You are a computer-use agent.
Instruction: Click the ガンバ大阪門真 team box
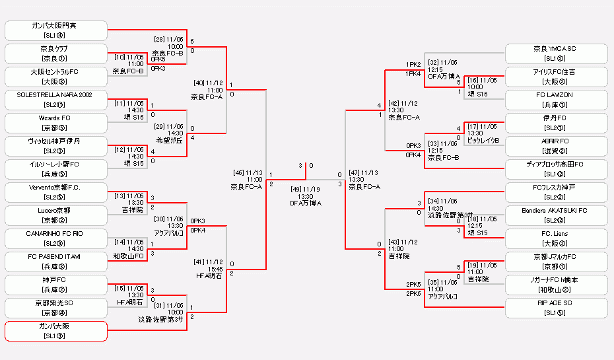pos(55,30)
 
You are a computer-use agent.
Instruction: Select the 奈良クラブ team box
pos(55,54)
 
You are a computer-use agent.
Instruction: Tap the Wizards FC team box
pos(55,123)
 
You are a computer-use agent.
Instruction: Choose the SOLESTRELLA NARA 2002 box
pos(55,100)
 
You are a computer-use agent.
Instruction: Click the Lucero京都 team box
pos(55,215)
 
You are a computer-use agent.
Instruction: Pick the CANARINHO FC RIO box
pos(55,238)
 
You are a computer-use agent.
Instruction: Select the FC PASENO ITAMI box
pos(55,262)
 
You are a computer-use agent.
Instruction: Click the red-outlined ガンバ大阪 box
pos(55,331)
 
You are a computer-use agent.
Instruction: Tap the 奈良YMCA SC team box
pos(556,54)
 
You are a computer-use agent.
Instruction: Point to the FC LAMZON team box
pos(556,100)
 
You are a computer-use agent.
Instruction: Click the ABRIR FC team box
pos(556,146)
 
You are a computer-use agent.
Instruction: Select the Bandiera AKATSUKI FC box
pos(556,215)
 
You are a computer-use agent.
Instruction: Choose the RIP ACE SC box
pos(556,308)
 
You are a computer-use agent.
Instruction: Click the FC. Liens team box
pos(556,238)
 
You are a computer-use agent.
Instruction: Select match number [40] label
pos(207,83)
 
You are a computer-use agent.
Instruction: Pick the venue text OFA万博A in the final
pos(305,203)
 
